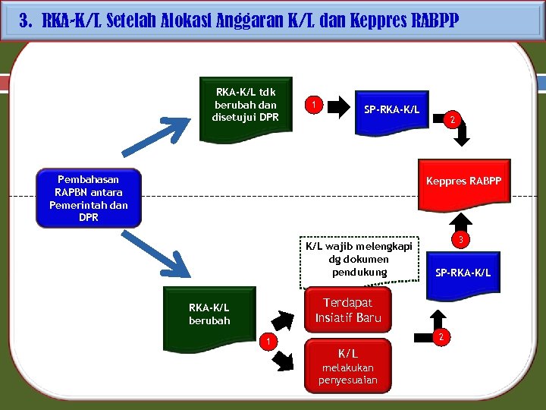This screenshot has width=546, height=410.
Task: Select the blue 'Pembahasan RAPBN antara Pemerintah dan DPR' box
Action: click(89, 198)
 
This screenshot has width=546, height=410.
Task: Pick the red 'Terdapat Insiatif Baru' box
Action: click(348, 310)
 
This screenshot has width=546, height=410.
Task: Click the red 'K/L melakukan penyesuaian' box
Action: click(348, 366)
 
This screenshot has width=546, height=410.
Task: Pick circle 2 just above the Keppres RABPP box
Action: click(453, 119)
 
